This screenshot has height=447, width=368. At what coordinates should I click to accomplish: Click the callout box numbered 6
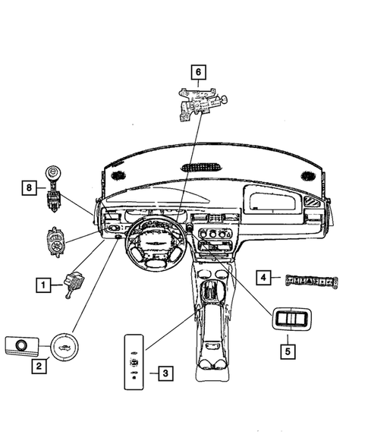pyautogui.click(x=198, y=73)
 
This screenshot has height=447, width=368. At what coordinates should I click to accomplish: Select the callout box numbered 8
pyautogui.click(x=29, y=187)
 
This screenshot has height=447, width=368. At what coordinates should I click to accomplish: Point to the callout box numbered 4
pyautogui.click(x=263, y=278)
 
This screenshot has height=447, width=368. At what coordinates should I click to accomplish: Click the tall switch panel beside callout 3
pyautogui.click(x=134, y=360)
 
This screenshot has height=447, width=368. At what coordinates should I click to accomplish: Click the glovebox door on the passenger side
pyautogui.click(x=272, y=203)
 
